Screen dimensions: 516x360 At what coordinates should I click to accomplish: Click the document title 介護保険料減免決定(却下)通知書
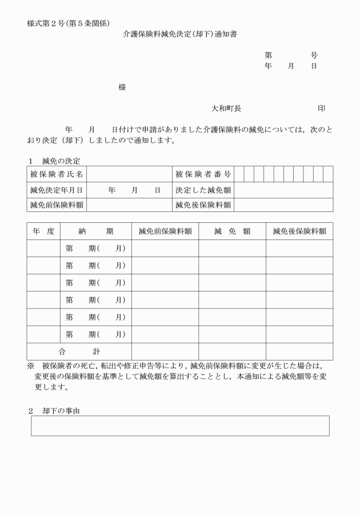pos(180,34)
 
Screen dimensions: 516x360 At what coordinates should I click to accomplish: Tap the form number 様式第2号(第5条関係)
pos(68,23)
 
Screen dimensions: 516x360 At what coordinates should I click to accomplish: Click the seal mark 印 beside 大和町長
pos(321,108)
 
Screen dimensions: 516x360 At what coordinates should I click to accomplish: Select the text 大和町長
pos(226,108)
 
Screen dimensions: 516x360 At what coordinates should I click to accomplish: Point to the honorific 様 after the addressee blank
pos(122,87)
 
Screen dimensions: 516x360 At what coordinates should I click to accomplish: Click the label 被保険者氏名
pos(57,174)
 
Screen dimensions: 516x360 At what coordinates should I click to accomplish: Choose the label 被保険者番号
pos(203,174)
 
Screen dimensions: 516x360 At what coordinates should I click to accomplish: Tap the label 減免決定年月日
pos(57,189)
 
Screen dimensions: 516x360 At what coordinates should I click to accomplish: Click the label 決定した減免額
pos(203,189)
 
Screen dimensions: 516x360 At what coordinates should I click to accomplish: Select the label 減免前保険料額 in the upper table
pos(57,205)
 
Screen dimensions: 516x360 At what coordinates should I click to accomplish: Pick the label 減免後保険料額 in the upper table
pos(203,205)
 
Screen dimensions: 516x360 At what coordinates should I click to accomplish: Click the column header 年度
pos(43,231)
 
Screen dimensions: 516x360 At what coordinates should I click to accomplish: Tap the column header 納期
pos(96,231)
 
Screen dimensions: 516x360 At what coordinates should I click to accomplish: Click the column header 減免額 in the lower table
pos(232,231)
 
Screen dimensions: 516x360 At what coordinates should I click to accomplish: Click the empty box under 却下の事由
pos(180,426)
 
